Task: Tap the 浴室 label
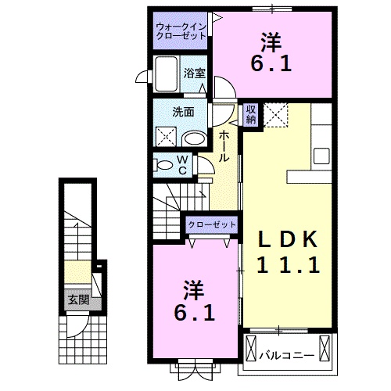(195, 73)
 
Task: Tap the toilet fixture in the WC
(165, 166)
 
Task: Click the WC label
(182, 165)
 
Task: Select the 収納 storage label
(250, 114)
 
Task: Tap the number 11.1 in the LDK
(288, 266)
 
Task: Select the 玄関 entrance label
(77, 300)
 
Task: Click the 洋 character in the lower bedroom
(193, 289)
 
